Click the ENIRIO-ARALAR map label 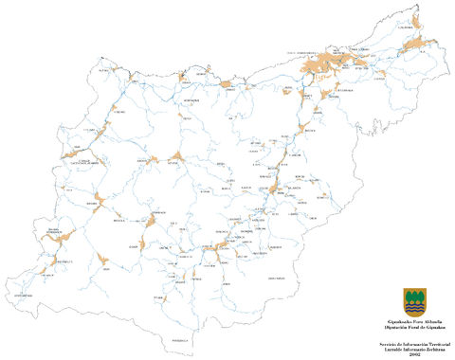tap(277, 278)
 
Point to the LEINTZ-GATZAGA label tap(27, 296)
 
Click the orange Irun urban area tap(413, 47)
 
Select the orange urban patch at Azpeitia tap(176, 159)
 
